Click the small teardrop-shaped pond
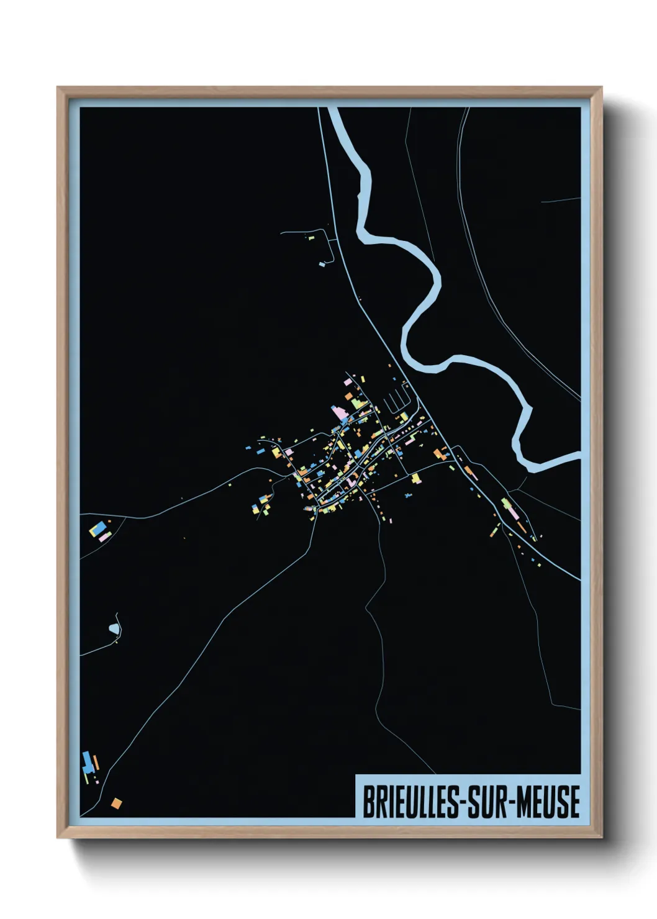114,629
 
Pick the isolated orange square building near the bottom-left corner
116,804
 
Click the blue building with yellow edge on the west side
95,530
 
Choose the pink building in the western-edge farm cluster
103,538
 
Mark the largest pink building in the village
339,412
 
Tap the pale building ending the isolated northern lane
322,264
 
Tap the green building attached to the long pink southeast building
505,503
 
